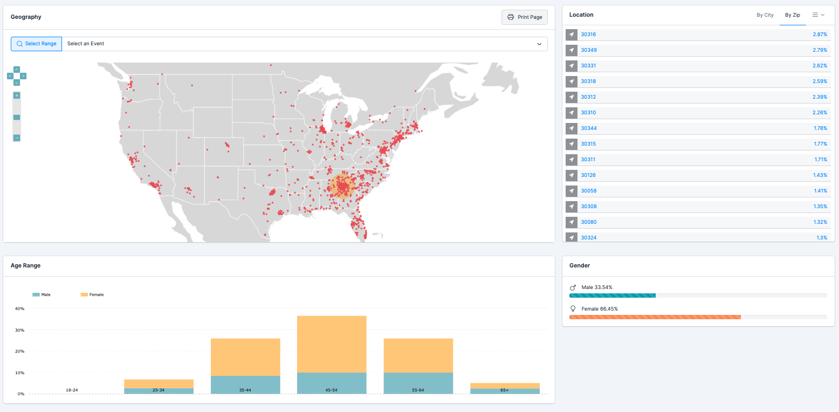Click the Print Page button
point(524,17)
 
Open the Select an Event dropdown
point(304,44)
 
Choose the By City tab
point(765,15)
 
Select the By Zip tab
point(792,15)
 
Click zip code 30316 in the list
point(588,35)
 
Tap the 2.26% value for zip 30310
point(820,113)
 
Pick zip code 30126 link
point(588,175)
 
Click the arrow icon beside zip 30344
point(572,128)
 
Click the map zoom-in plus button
point(17,95)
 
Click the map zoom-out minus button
point(17,138)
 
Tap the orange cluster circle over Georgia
point(342,187)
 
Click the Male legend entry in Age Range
point(42,295)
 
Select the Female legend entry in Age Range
point(92,295)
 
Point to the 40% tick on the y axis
point(19,309)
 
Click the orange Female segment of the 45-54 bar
point(332,344)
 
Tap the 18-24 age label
point(72,390)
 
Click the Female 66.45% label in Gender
point(599,309)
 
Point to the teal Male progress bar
point(612,296)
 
